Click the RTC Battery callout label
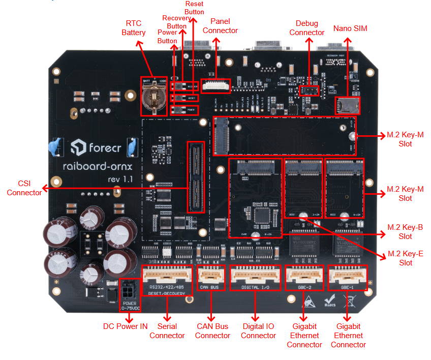pos(134,28)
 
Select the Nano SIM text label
pos(350,28)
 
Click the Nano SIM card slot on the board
pos(346,106)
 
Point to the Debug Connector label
pos(310,28)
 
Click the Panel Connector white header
pos(216,85)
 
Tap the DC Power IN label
pos(126,326)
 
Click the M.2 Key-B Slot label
pos(405,231)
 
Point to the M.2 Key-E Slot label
pos(405,258)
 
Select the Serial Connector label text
pos(171,331)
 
